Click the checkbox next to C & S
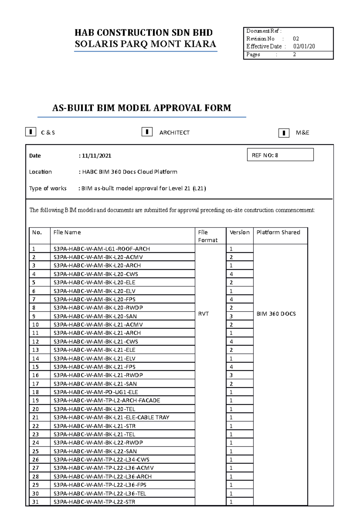(x=31, y=132)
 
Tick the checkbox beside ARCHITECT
(x=147, y=132)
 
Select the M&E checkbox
(x=283, y=133)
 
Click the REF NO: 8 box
(x=280, y=155)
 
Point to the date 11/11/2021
(x=96, y=156)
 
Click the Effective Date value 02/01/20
(x=304, y=46)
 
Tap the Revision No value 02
(x=296, y=39)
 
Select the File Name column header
(x=67, y=232)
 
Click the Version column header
(x=239, y=232)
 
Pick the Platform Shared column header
(x=278, y=232)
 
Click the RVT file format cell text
(x=203, y=314)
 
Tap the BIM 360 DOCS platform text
(x=276, y=314)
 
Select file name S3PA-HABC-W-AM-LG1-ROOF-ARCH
(x=101, y=249)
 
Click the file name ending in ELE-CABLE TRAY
(x=111, y=417)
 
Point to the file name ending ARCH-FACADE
(x=107, y=400)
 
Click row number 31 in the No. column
(x=35, y=502)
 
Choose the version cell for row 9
(x=231, y=316)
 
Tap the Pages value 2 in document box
(x=294, y=55)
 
